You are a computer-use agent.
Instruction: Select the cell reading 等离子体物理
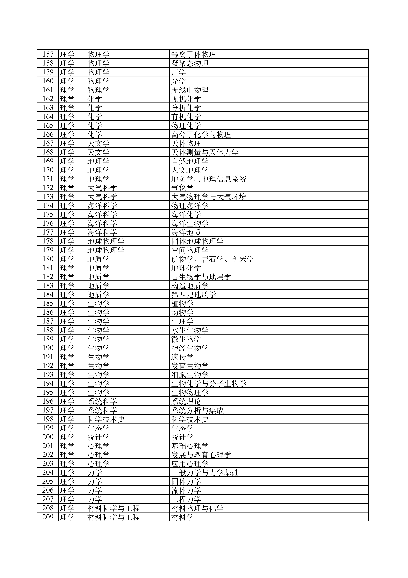[x=194, y=54]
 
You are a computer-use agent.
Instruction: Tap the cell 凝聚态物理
[x=190, y=63]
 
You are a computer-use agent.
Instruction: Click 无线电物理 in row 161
[x=190, y=90]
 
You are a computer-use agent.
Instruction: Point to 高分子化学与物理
[x=201, y=134]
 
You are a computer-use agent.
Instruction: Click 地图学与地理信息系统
[x=209, y=179]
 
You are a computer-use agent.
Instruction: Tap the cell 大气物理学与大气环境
[x=209, y=197]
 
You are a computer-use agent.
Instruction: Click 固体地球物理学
[x=197, y=241]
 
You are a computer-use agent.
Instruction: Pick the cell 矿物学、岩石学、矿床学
[x=212, y=259]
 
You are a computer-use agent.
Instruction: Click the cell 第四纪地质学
[x=194, y=295]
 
